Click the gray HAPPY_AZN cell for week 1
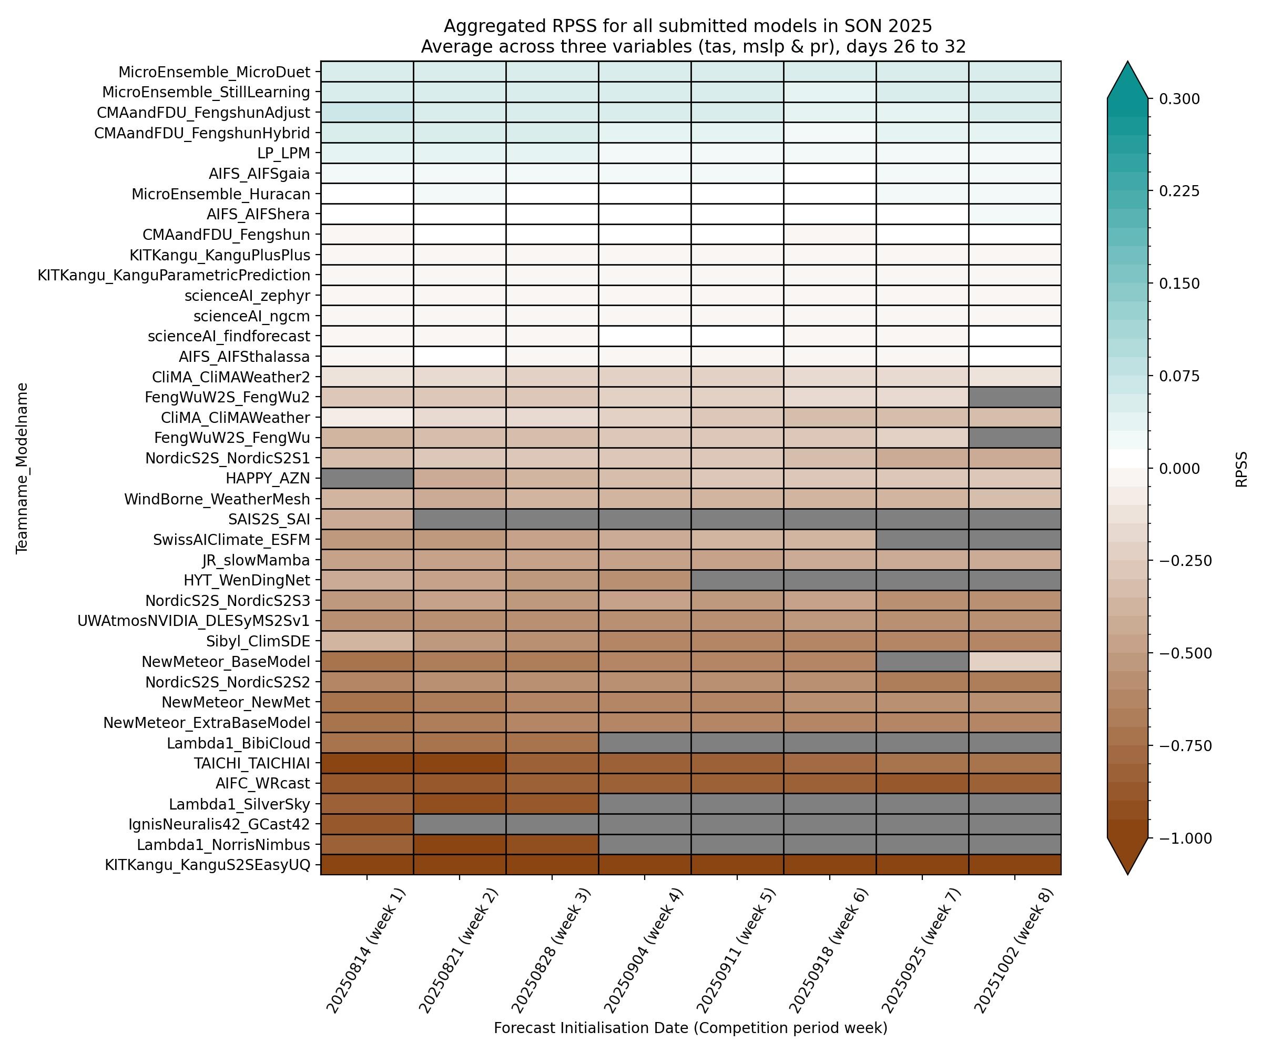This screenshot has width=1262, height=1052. [367, 479]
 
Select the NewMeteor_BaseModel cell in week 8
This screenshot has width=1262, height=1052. [1014, 662]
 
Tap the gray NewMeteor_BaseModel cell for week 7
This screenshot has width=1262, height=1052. [922, 662]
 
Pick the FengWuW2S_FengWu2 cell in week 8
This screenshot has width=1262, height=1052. [1014, 397]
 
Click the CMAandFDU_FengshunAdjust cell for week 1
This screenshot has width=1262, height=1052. [367, 113]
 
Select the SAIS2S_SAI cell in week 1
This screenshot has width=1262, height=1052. [367, 519]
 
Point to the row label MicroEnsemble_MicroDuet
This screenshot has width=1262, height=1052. [215, 72]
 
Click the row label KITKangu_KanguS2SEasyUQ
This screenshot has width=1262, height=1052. [207, 865]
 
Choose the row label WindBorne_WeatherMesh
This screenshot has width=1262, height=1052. [217, 500]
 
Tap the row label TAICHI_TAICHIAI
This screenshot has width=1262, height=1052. [252, 763]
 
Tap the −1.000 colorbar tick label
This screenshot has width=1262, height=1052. [1185, 838]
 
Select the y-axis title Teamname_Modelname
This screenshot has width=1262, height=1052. [22, 468]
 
